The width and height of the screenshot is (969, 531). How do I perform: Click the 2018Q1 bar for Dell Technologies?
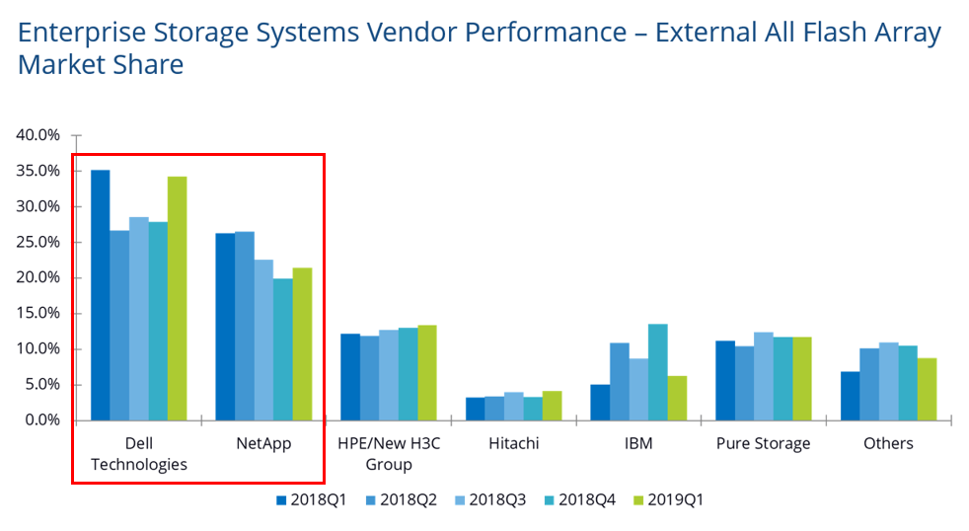100,295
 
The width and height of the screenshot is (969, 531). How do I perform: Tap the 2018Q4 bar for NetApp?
282,349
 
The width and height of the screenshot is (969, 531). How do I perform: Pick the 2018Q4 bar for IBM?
657,372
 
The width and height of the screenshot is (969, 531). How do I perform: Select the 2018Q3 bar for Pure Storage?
763,376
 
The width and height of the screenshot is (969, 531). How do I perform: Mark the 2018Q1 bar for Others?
850,396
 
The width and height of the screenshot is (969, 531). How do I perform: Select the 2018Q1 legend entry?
317,499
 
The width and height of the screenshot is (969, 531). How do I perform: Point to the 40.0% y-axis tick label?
38,135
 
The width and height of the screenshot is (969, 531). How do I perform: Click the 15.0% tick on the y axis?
38,313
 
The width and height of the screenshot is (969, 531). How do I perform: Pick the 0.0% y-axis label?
42,419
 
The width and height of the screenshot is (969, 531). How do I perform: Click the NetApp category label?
262,443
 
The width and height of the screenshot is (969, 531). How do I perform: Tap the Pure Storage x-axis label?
763,443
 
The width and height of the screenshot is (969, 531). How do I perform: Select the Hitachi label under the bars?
513,443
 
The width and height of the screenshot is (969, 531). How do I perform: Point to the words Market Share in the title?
101,65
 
